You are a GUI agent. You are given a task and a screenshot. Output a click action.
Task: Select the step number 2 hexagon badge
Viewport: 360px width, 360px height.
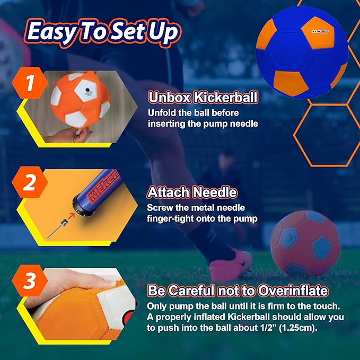30,182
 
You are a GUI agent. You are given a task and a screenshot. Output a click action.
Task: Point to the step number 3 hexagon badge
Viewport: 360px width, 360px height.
30,281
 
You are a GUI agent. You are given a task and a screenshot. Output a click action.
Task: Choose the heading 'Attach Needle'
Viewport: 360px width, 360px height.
192,192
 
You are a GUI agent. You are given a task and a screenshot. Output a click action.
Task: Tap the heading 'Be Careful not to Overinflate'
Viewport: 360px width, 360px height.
238,291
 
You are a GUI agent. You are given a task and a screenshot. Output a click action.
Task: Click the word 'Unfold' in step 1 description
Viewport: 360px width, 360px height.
161,113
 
